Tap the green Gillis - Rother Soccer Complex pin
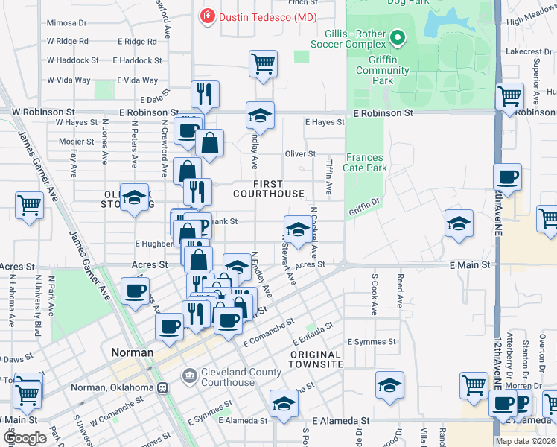[x=398, y=37]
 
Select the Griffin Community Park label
[x=383, y=70]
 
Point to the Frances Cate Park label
[x=366, y=162]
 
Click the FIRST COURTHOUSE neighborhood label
[x=268, y=188]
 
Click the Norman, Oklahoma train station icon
[x=162, y=387]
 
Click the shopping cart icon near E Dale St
[x=264, y=63]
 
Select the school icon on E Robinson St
[x=260, y=115]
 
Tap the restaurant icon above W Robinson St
[x=204, y=94]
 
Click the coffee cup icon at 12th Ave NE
[x=507, y=177]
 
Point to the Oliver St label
[x=300, y=153]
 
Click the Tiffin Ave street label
[x=328, y=175]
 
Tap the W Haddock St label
[x=72, y=60]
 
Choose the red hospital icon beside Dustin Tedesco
[x=206, y=16]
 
